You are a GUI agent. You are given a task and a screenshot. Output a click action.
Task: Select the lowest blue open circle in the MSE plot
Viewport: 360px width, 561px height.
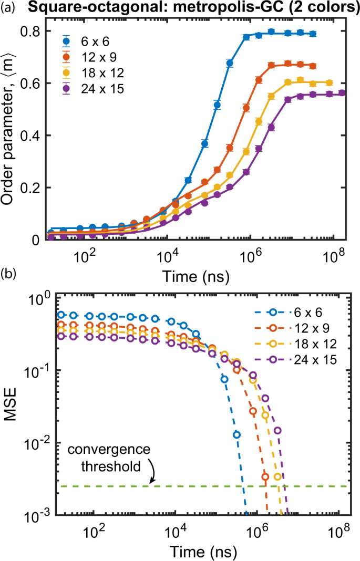tap(237, 434)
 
